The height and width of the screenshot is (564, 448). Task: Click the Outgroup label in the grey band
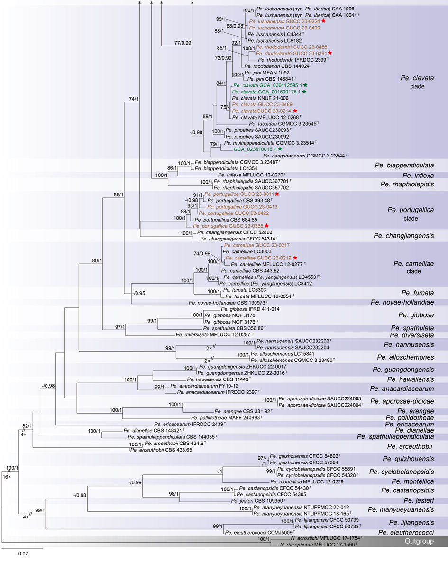tap(419, 541)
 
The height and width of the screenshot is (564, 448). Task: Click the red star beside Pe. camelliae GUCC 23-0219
tap(295, 257)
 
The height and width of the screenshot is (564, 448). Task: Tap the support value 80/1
tap(100, 260)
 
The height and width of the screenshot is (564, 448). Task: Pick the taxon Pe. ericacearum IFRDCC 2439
tap(188, 424)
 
